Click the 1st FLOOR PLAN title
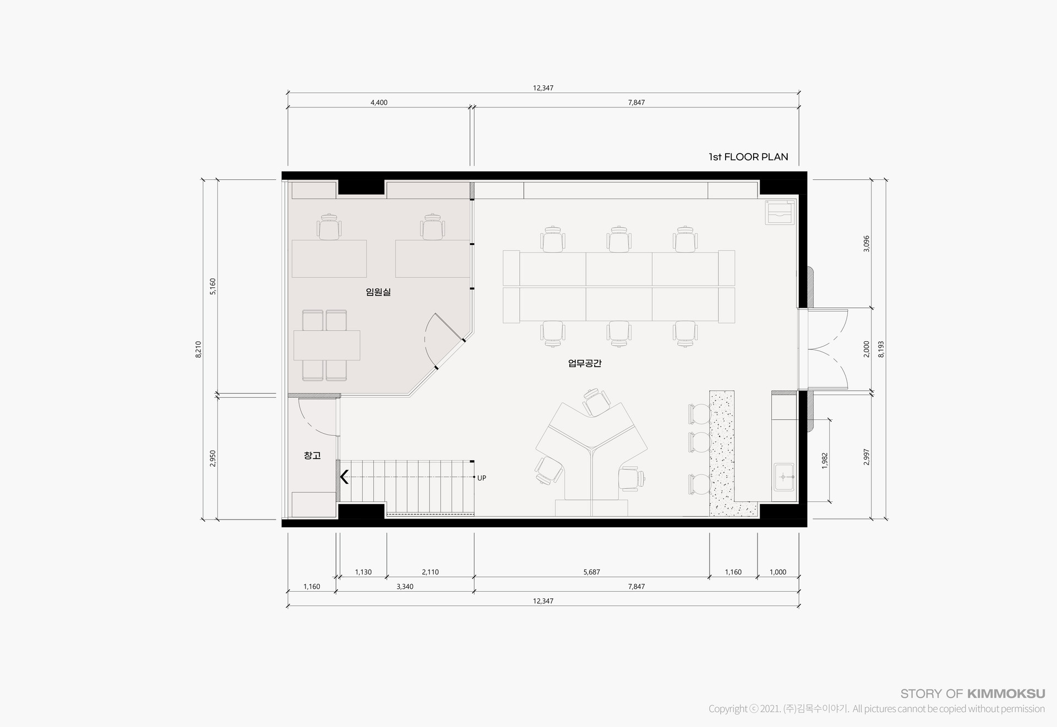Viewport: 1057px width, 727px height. (748, 157)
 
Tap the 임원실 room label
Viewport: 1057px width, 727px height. (378, 292)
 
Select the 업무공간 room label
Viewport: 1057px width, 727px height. (585, 363)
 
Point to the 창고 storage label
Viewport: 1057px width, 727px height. (312, 456)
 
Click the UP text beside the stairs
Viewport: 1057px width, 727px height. (482, 478)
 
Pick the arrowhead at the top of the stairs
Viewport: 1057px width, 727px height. (345, 477)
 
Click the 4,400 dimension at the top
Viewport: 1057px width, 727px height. (379, 102)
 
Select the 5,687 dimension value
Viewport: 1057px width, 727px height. (591, 572)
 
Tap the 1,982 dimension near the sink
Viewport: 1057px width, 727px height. (824, 461)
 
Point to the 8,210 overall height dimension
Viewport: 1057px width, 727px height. (198, 349)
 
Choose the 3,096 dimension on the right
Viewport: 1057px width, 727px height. (867, 244)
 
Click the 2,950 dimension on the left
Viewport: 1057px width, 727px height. (213, 458)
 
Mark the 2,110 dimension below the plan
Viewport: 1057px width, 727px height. (430, 572)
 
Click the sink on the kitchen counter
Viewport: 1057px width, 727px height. (783, 477)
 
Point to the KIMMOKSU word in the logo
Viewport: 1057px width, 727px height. (1006, 694)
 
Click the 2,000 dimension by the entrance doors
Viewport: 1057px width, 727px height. (867, 349)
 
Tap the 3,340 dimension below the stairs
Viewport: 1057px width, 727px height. (405, 587)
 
